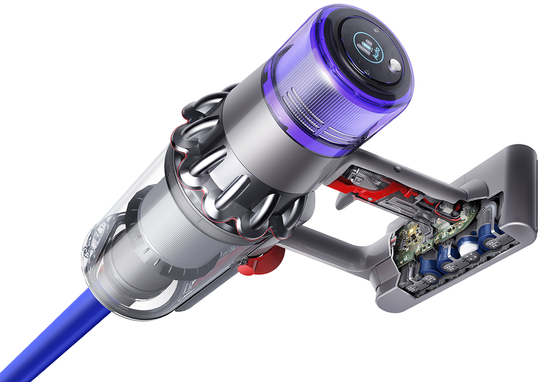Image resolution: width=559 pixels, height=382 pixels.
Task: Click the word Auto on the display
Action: click(376, 54)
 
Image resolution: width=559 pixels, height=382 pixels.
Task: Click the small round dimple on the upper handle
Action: click(397, 170)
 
